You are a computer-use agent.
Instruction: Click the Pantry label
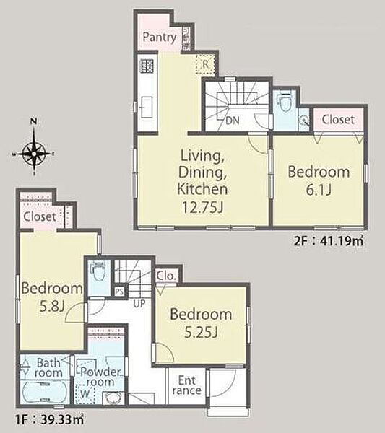(x=160, y=38)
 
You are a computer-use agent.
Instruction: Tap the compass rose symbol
(x=34, y=153)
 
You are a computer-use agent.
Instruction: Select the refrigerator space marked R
(x=205, y=64)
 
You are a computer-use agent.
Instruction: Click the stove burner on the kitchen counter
(x=147, y=66)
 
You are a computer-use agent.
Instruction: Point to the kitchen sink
(x=147, y=107)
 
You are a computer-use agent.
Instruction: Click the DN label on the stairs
(x=232, y=121)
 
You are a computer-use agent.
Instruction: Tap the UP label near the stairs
(x=139, y=304)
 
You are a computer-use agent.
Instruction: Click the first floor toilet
(x=99, y=271)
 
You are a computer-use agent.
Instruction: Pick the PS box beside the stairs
(x=119, y=292)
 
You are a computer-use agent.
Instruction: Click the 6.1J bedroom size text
(x=319, y=189)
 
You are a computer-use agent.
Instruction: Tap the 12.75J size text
(x=202, y=207)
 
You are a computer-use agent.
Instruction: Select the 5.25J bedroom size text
(x=201, y=332)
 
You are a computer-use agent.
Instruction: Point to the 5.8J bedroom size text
(x=52, y=306)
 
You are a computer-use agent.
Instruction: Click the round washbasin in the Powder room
(x=113, y=398)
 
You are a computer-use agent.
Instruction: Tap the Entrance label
(x=186, y=385)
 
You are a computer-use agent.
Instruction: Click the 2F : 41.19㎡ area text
(x=329, y=241)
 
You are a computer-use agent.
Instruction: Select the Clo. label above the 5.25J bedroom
(x=166, y=276)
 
